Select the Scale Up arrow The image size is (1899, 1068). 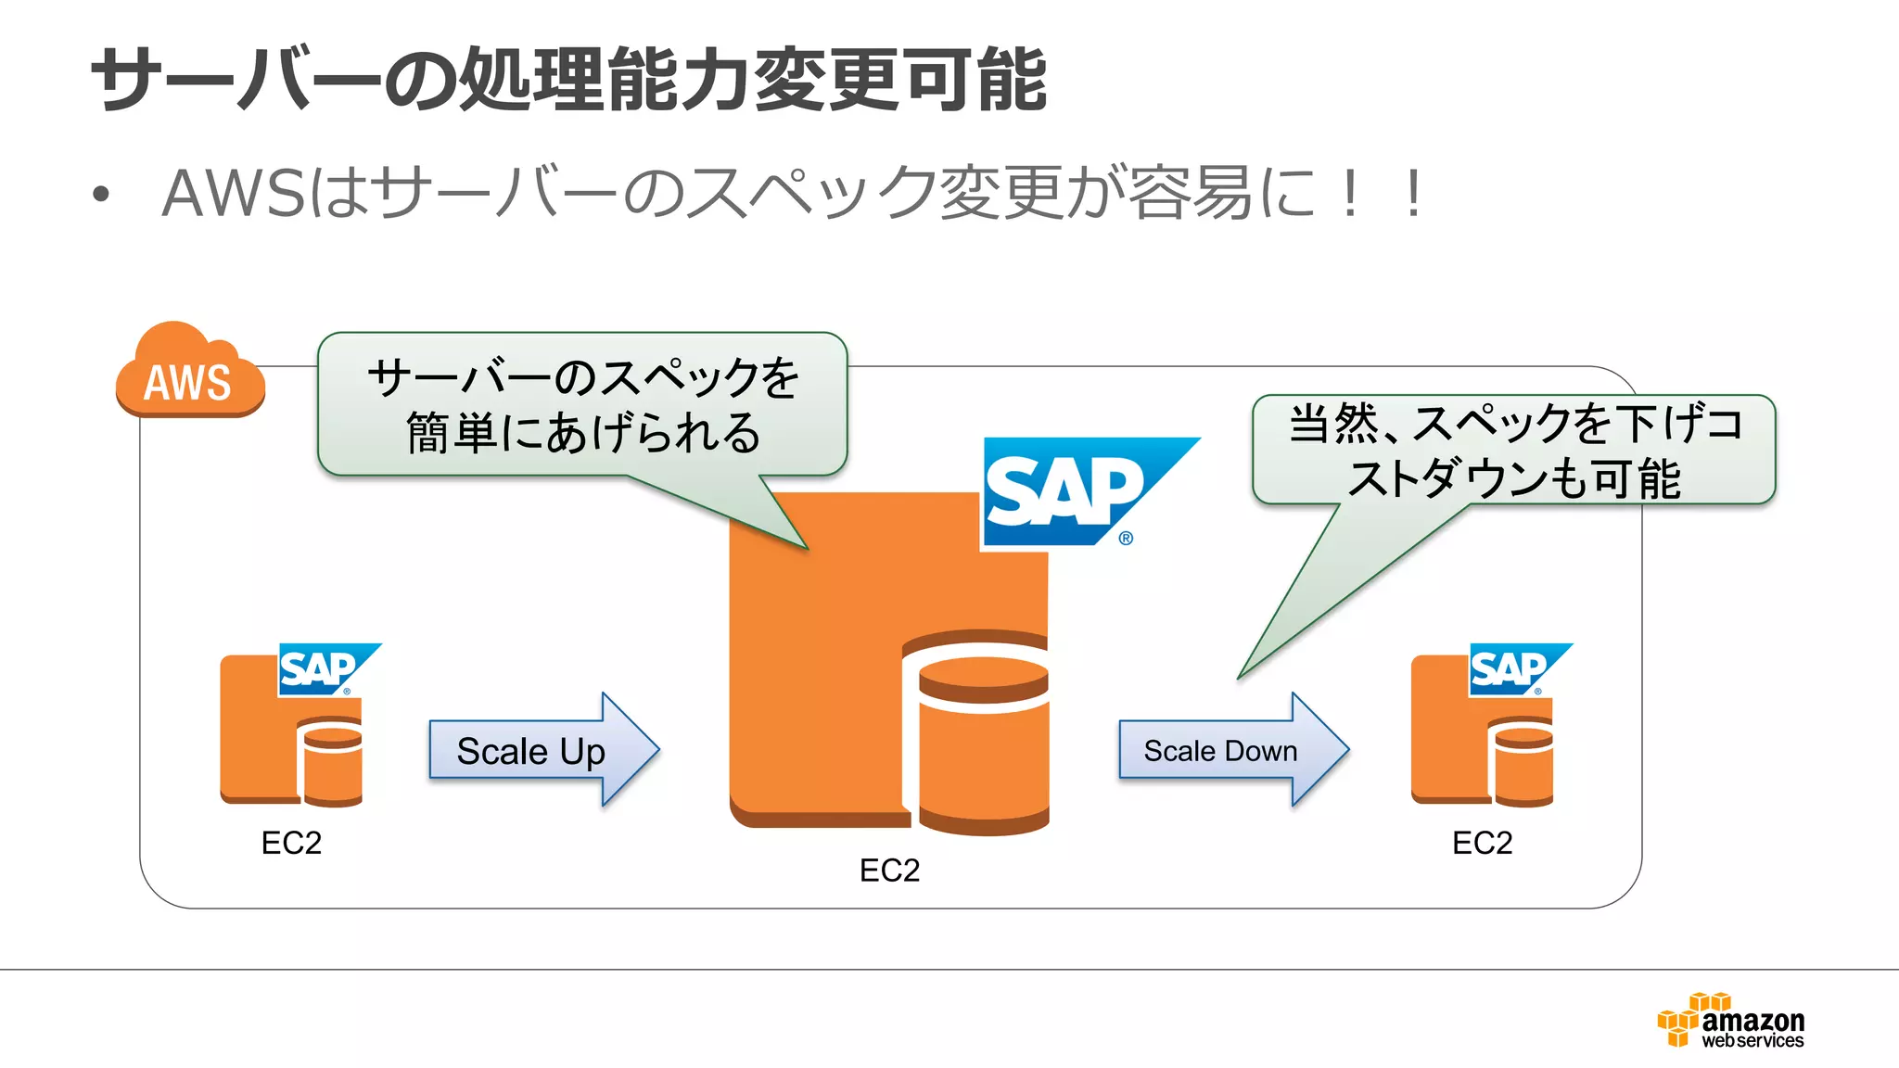(x=542, y=750)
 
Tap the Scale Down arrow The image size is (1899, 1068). (x=1231, y=750)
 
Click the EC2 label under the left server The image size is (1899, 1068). (x=291, y=843)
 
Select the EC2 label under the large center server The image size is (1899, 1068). (x=889, y=871)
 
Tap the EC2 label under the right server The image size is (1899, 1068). (x=1482, y=843)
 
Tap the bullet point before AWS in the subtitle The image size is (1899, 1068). (x=101, y=195)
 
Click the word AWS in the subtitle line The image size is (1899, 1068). (x=233, y=194)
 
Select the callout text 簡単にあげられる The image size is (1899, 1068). (x=583, y=433)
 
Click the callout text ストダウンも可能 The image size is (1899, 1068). (x=1513, y=478)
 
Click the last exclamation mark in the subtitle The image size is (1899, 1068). (x=1412, y=194)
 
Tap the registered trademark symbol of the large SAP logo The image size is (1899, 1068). (x=1126, y=538)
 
